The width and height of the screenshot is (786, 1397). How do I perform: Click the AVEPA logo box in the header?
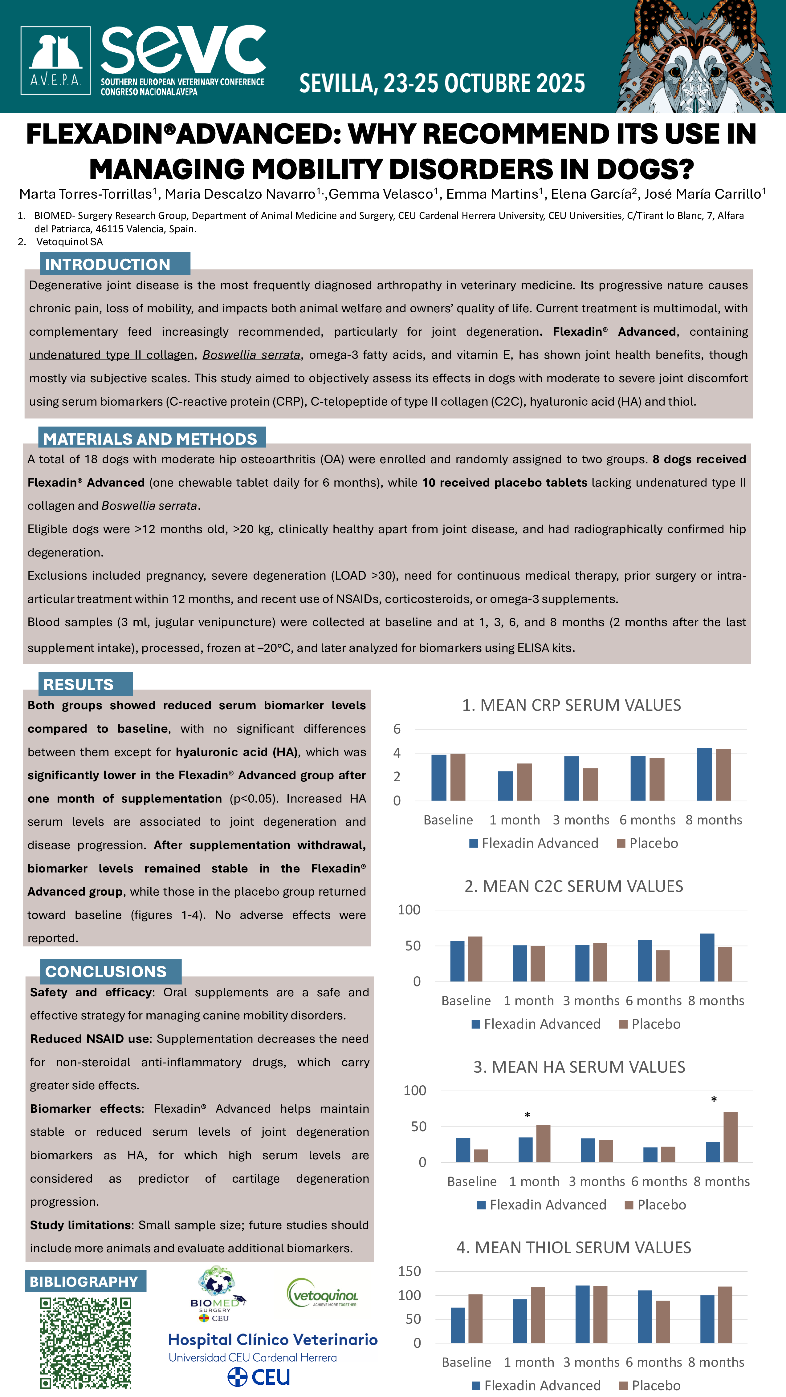55,60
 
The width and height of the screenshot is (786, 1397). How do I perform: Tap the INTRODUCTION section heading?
108,264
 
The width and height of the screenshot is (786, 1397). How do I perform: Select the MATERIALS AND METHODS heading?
150,439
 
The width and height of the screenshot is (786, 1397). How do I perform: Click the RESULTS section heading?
78,684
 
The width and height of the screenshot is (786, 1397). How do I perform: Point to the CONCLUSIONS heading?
106,971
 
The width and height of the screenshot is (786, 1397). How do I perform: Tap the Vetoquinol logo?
322,1294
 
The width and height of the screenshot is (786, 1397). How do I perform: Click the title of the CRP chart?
571,705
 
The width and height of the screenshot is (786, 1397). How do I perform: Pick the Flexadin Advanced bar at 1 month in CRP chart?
505,786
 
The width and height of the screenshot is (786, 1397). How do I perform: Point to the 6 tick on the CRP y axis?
397,729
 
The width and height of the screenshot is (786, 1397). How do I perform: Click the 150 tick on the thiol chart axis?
409,1271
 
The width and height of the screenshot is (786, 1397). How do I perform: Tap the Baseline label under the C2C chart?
466,1001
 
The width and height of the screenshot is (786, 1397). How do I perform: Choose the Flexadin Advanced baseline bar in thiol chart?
457,1325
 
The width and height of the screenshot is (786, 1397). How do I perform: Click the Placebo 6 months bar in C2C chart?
662,966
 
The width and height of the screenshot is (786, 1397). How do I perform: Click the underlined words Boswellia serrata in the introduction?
251,355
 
